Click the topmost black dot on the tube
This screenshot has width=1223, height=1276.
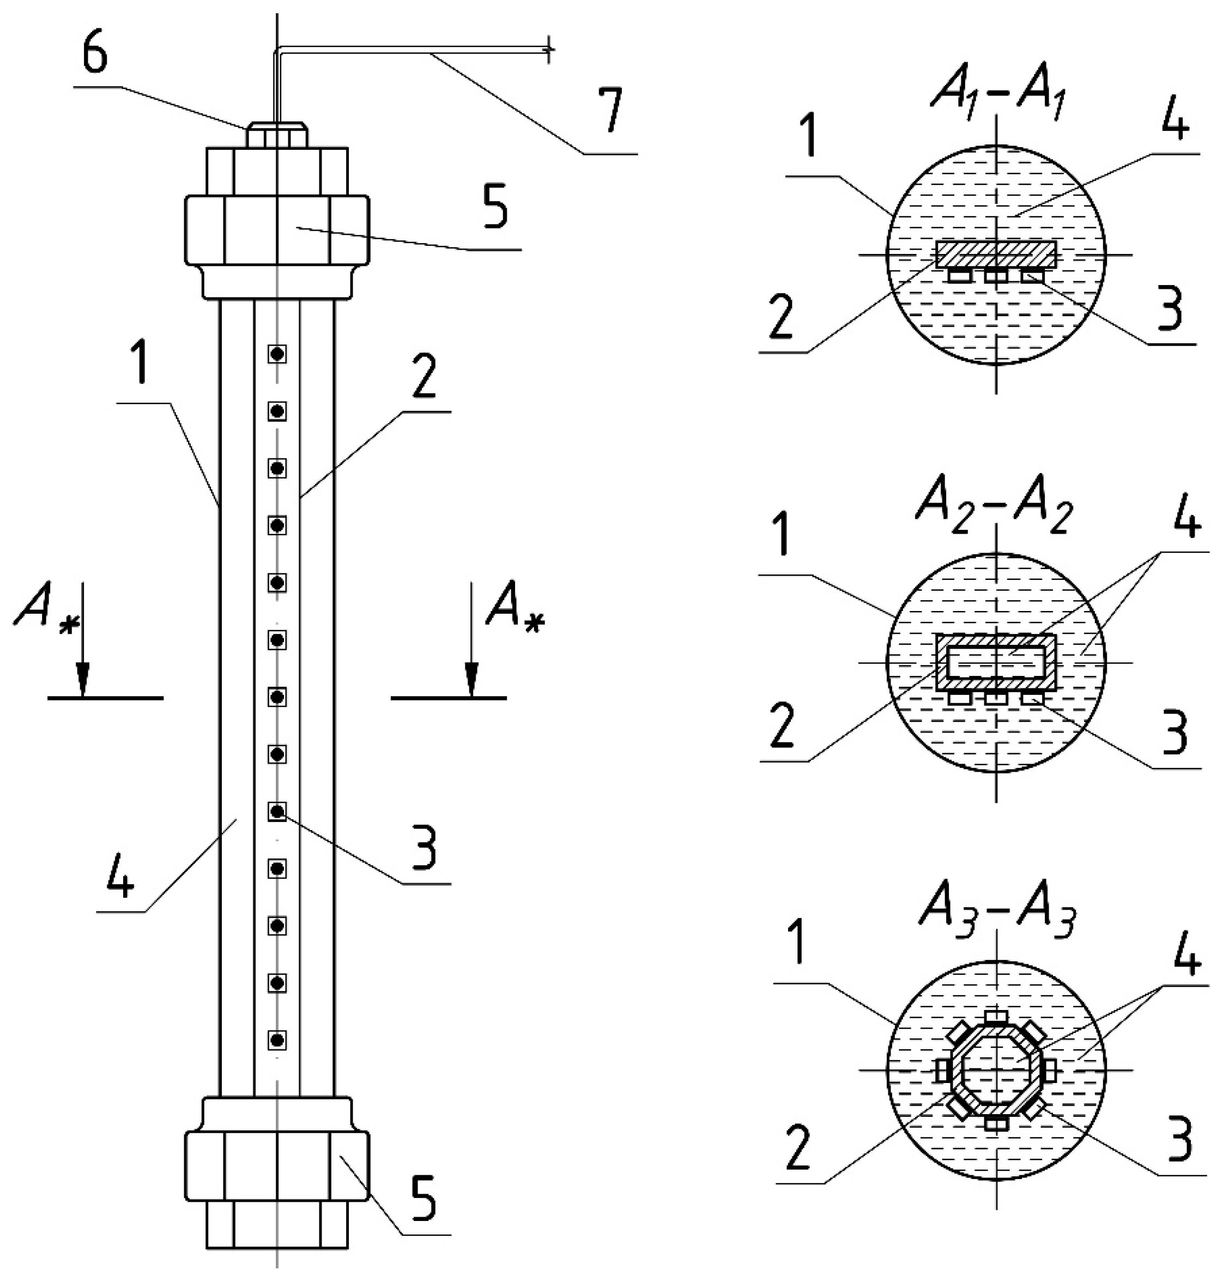(x=278, y=354)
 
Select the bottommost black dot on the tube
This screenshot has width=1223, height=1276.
(x=278, y=1039)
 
